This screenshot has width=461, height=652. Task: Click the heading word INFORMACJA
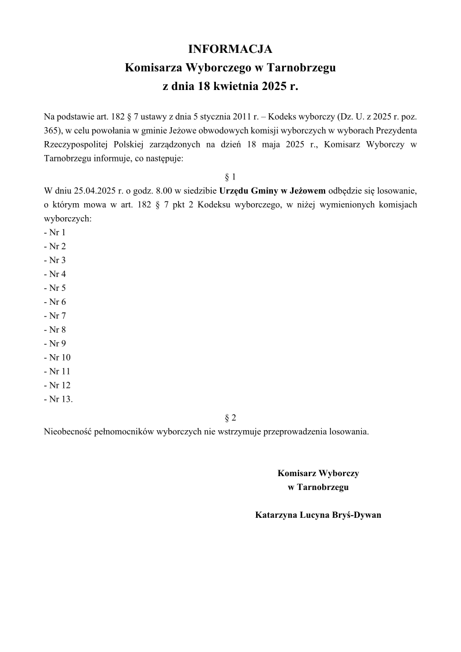tap(230, 49)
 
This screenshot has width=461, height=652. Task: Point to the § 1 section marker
tap(230, 176)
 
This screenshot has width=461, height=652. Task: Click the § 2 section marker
tap(230, 417)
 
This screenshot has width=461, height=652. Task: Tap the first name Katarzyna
tap(276, 515)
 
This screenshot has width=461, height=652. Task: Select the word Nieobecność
tap(68, 432)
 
